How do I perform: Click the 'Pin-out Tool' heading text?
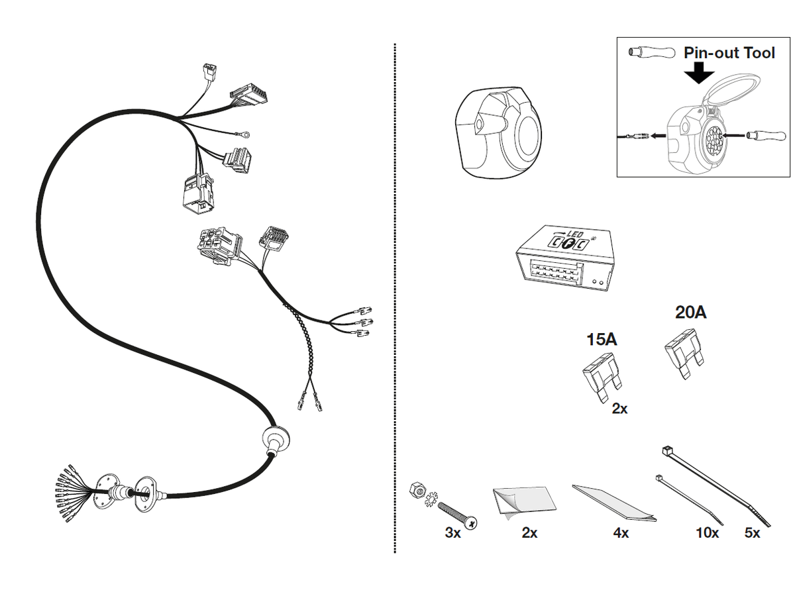point(729,52)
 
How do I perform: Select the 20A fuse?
point(682,358)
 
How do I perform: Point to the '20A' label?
point(690,312)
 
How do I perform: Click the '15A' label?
point(602,340)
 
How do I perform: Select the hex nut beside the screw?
point(418,491)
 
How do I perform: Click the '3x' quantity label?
point(452,533)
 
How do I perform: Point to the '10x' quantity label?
point(707,533)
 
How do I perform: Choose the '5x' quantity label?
point(752,533)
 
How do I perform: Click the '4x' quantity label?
point(620,533)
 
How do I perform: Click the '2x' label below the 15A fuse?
point(619,409)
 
